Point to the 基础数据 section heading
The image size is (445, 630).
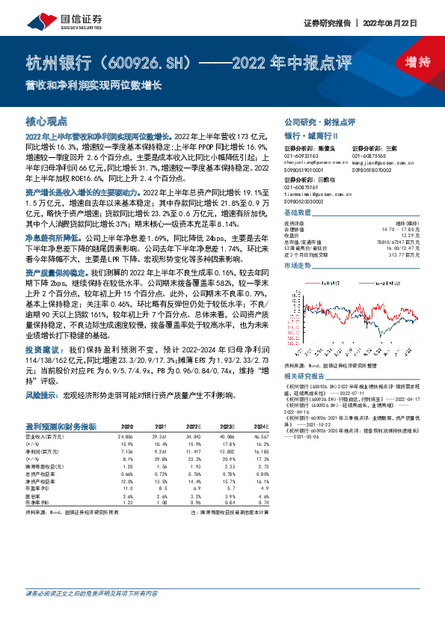299,213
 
